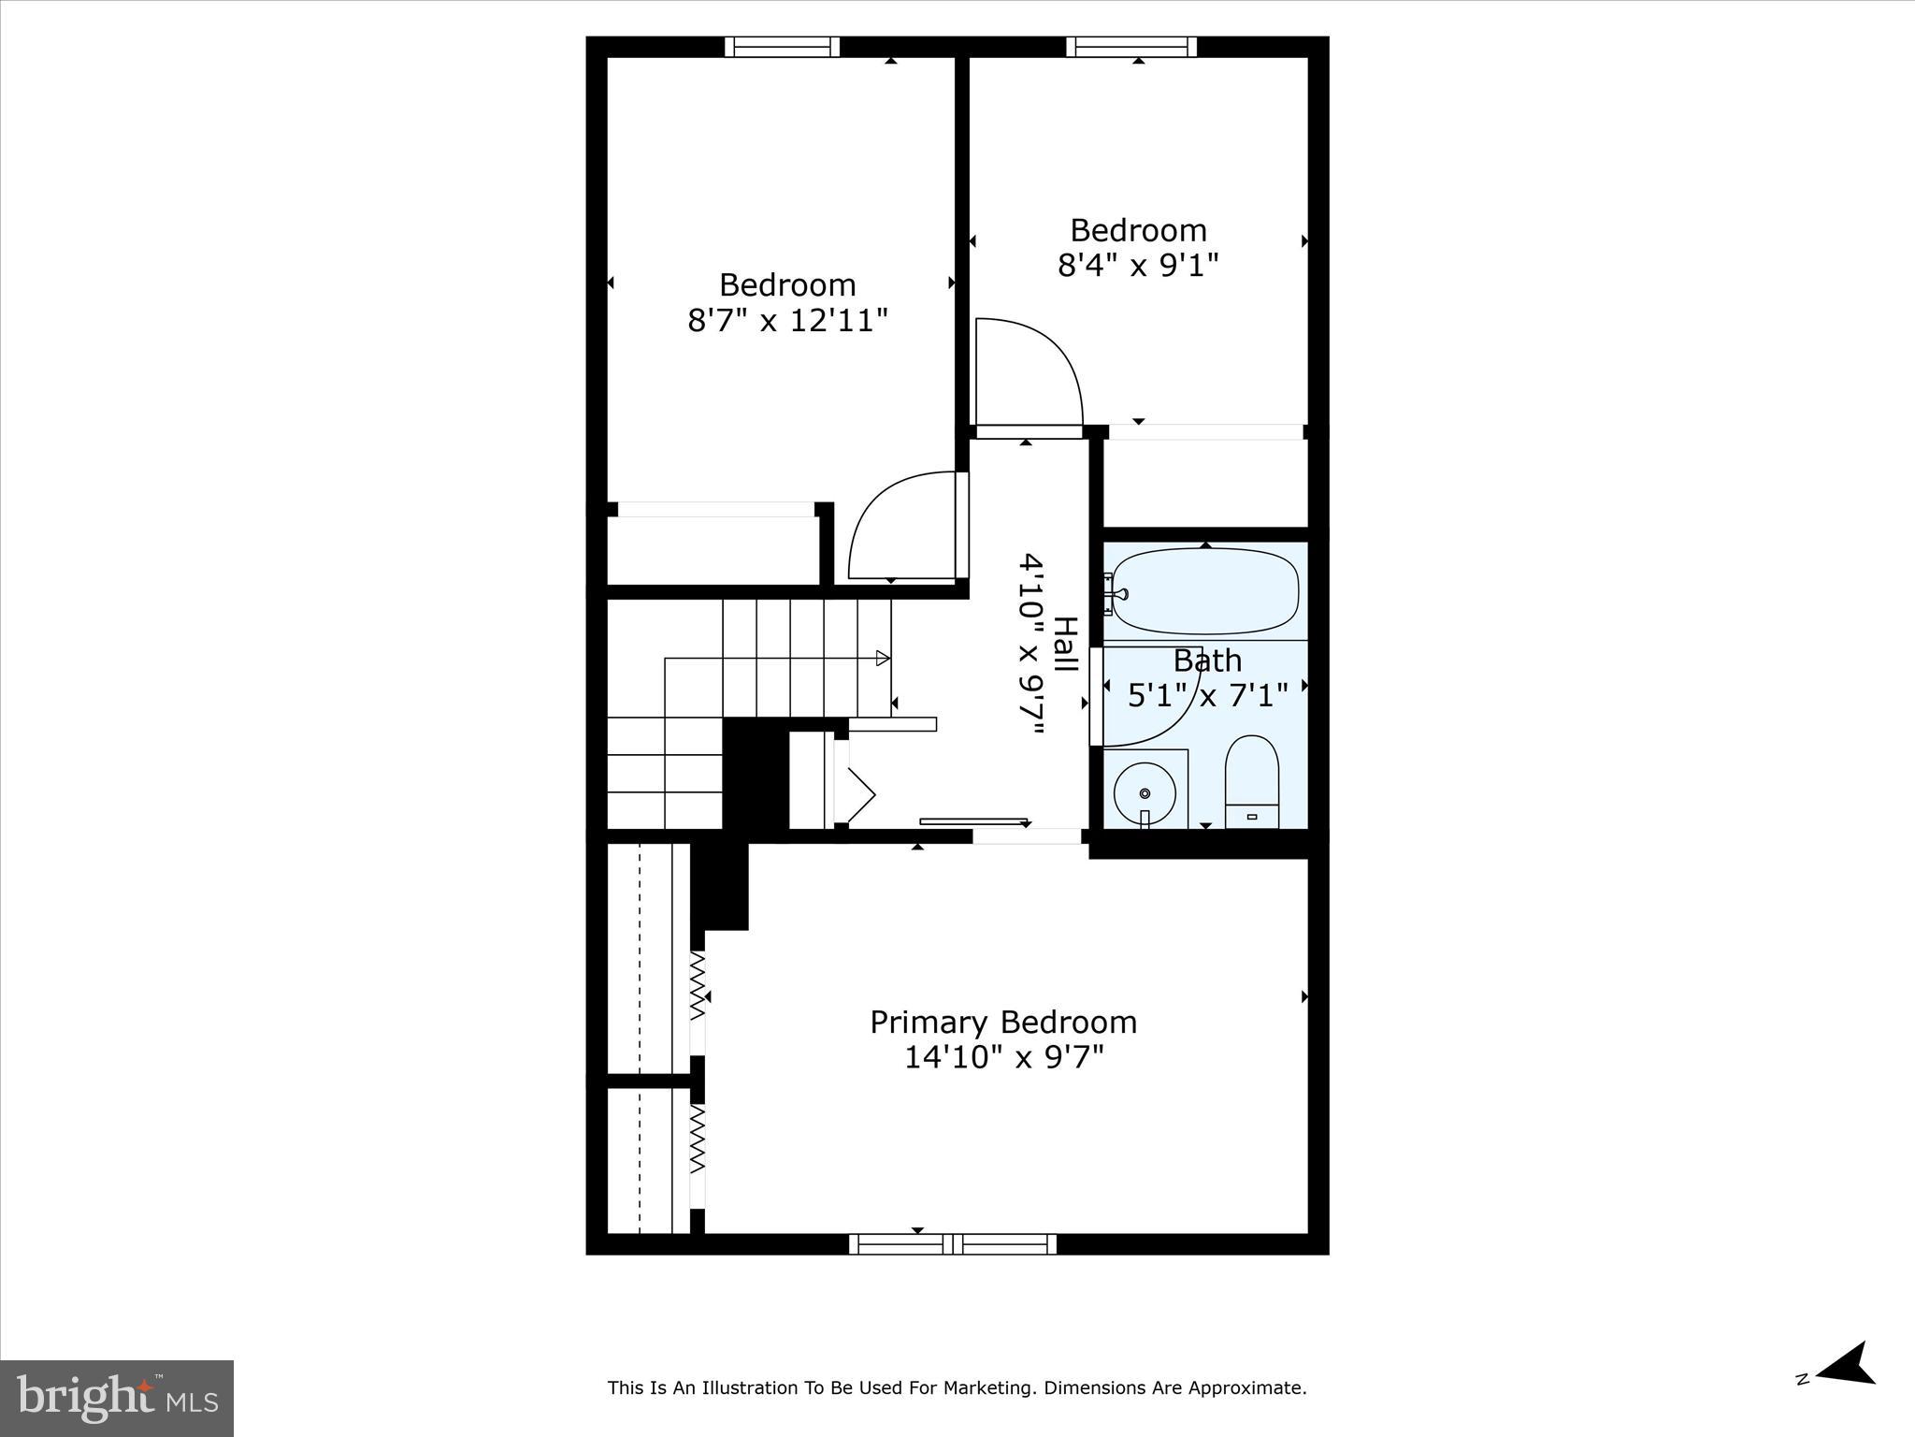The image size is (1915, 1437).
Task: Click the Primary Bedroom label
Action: pos(1003,1022)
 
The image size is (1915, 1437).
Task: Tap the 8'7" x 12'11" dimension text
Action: pos(787,321)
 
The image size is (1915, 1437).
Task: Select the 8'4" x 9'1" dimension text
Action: pos(1138,266)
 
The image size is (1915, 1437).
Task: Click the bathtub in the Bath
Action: pos(1205,591)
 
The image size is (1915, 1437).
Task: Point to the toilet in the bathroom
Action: pos(1251,781)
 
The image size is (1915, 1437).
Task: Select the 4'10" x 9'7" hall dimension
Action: pos(1030,645)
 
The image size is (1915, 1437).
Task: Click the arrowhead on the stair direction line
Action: pos(882,659)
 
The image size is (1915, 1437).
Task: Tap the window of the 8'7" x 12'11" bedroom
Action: pos(782,47)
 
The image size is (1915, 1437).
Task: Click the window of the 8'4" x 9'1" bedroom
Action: pos(1131,47)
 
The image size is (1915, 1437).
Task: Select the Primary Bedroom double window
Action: pos(953,1244)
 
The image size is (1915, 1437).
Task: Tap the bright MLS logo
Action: pos(117,1399)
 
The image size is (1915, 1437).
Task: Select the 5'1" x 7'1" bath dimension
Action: pos(1207,695)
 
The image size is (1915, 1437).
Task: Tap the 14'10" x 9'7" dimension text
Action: pos(1003,1057)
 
